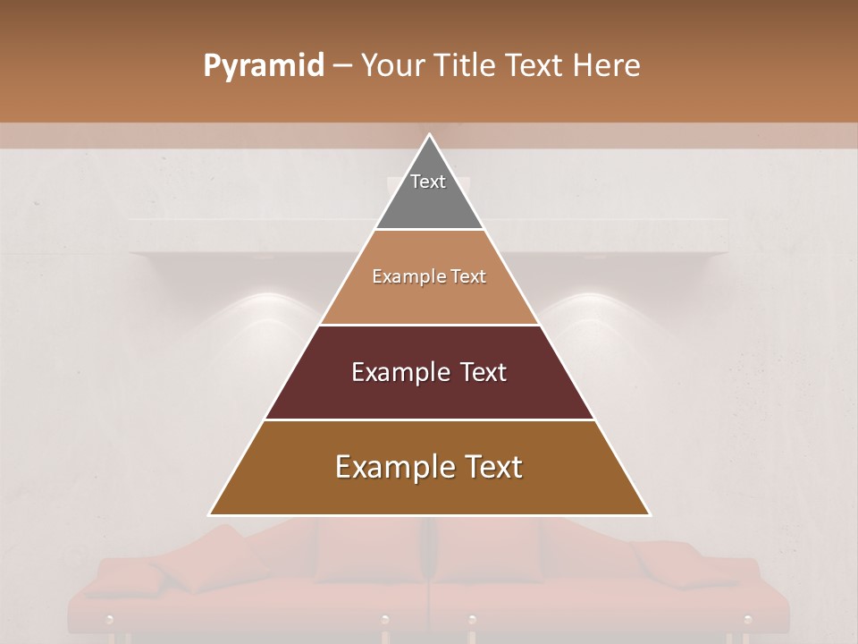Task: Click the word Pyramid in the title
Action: point(264,66)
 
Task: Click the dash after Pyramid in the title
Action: point(342,66)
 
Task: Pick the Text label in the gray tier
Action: point(428,182)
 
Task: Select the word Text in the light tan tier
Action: point(468,276)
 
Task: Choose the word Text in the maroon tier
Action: point(484,372)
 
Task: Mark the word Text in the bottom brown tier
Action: point(494,467)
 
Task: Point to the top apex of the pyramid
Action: point(429,135)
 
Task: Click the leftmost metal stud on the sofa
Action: point(109,619)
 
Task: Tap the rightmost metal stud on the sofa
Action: point(747,619)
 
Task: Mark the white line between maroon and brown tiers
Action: point(429,419)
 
